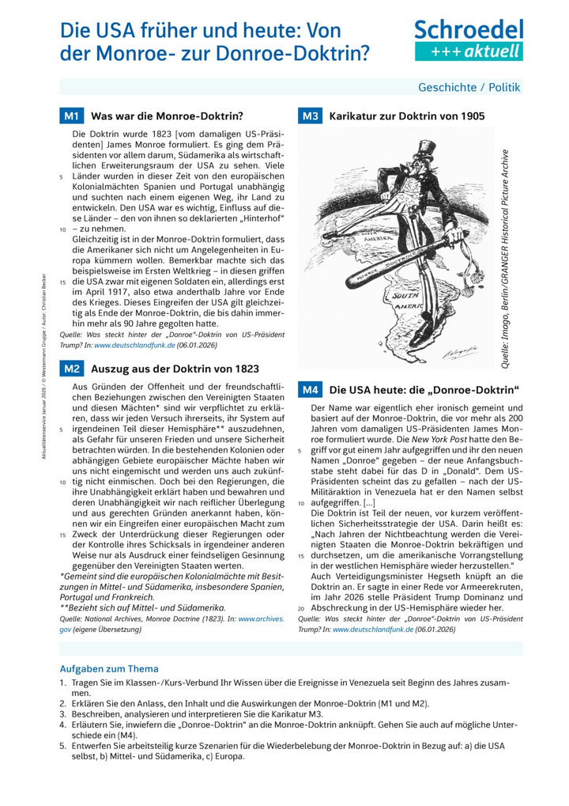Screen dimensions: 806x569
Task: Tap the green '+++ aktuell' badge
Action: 469,51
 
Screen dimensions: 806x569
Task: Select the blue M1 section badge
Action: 71,116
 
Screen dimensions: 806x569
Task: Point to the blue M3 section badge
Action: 309,116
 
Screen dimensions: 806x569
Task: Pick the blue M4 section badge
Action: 309,390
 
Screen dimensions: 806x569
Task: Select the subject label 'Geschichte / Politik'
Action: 469,88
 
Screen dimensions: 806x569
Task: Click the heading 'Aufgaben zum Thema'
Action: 109,668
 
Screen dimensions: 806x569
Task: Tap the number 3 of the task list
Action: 62,713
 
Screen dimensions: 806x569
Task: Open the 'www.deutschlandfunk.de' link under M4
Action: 365,630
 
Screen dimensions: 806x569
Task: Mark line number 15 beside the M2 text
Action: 62,535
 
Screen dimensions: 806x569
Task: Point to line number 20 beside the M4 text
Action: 300,608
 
